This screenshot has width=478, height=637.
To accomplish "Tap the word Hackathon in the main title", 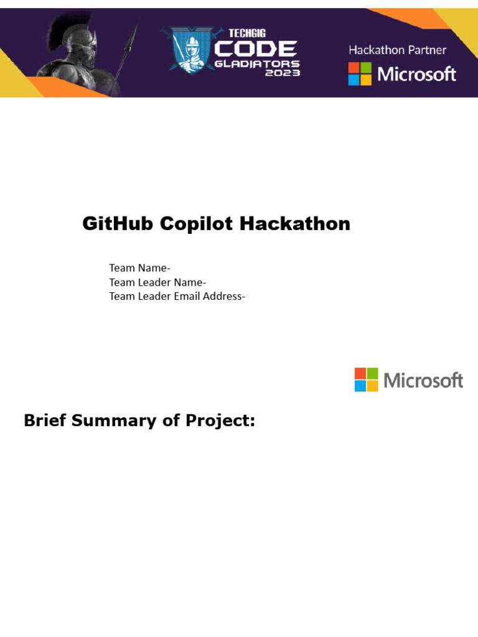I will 296,224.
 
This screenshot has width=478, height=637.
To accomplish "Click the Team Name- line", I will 139,268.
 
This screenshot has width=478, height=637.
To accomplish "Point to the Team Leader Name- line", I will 157,282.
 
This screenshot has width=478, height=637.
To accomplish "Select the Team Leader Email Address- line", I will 177,296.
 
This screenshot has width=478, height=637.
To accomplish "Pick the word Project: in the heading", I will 220,421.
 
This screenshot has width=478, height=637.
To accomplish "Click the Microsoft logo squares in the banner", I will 360,74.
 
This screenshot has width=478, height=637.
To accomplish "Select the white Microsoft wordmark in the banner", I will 416,74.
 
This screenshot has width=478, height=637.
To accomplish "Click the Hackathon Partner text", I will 397,50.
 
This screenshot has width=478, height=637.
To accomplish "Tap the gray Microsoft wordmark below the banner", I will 423,380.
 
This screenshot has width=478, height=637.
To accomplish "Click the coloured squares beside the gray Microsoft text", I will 367,379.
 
